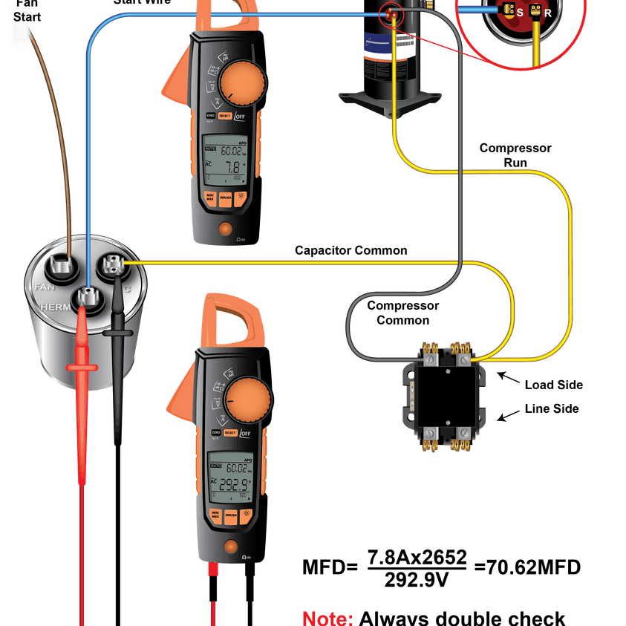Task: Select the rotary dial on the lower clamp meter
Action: tap(247, 400)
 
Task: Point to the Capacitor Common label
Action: tap(351, 250)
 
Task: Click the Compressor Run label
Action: tap(515, 155)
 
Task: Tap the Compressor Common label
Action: tap(402, 313)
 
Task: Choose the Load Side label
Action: tap(553, 385)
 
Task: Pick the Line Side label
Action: tap(551, 408)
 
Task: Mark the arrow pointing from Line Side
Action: tap(506, 416)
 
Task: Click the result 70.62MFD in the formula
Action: tap(527, 567)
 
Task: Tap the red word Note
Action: tap(327, 619)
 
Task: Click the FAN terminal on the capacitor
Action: tap(59, 266)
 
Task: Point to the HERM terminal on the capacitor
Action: tap(87, 297)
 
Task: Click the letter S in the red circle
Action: tap(520, 13)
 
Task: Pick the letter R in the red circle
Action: tap(547, 13)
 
